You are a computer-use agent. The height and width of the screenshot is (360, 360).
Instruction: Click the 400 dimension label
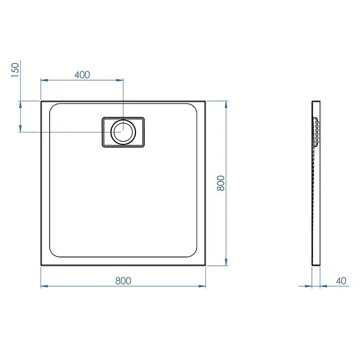click(x=82, y=75)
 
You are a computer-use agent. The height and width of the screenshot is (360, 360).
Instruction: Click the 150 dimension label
click(x=15, y=70)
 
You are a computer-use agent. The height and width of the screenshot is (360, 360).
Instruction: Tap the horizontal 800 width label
click(x=123, y=281)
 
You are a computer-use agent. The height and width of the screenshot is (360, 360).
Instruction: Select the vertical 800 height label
click(x=221, y=183)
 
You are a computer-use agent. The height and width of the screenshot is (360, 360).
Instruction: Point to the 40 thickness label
click(x=341, y=281)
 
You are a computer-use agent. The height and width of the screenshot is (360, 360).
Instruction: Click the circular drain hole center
click(x=123, y=132)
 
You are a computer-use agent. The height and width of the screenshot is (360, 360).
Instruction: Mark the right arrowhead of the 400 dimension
click(x=119, y=80)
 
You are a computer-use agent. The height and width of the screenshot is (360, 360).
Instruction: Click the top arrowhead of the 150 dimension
click(x=20, y=104)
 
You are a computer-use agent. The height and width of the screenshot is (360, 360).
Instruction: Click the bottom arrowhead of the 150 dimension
click(x=20, y=128)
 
